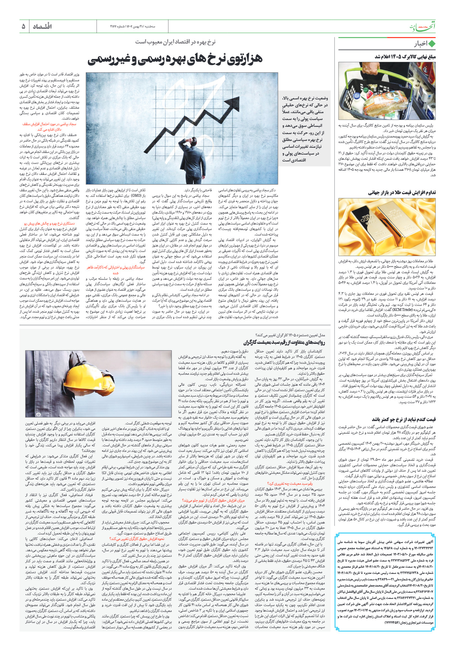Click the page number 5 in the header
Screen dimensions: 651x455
(x=23, y=26)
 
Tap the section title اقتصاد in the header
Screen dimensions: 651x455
(x=42, y=26)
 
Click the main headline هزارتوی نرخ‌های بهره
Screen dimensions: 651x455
(x=175, y=59)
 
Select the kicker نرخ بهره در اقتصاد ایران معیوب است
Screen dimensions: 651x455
(x=175, y=42)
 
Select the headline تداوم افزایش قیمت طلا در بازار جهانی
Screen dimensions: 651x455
(x=402, y=193)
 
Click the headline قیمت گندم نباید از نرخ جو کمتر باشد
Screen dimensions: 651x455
(x=404, y=419)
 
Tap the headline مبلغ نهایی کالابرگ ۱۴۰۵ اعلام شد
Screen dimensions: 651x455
(x=405, y=57)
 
